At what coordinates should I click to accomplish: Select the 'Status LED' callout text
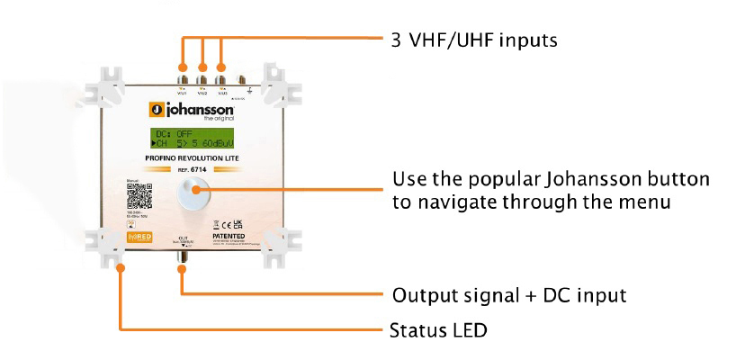[438, 330]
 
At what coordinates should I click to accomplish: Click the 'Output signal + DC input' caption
[508, 295]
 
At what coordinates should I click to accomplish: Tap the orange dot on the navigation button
[195, 188]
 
